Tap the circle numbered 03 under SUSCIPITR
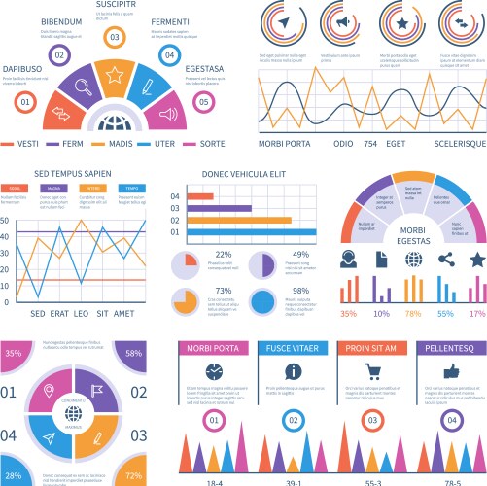click(x=115, y=38)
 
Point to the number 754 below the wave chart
click(x=369, y=143)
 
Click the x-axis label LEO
click(x=81, y=314)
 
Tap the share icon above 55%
click(x=445, y=260)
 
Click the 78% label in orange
click(x=413, y=314)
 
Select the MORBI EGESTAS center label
click(x=413, y=234)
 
